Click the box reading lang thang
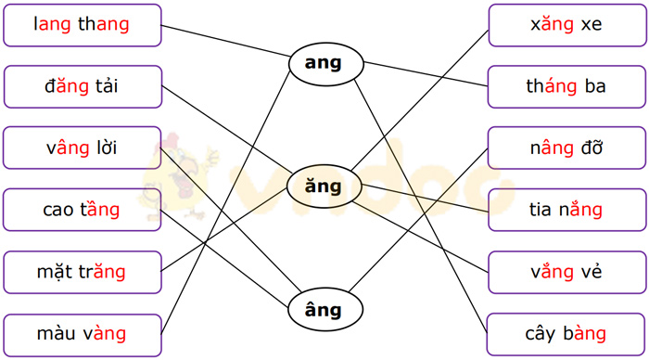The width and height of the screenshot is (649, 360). coord(82,25)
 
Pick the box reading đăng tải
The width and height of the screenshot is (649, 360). coord(82,86)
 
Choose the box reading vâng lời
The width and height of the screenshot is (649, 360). coord(82,148)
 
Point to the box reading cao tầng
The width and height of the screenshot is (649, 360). coord(82,210)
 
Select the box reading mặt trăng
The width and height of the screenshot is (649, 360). coord(82,272)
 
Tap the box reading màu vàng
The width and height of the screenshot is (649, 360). coord(82,333)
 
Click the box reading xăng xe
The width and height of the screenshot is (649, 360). coord(566,25)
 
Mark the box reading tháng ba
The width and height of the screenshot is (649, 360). coord(566,86)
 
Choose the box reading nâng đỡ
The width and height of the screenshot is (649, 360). coord(566,148)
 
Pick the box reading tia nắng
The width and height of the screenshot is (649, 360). coord(566,210)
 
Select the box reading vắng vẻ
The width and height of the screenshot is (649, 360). coord(566,272)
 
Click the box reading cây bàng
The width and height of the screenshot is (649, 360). coord(566,333)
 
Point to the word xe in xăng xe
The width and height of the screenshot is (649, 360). coord(592,25)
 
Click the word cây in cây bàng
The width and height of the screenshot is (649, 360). coord(541,334)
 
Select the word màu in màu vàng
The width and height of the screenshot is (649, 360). coord(57,334)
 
